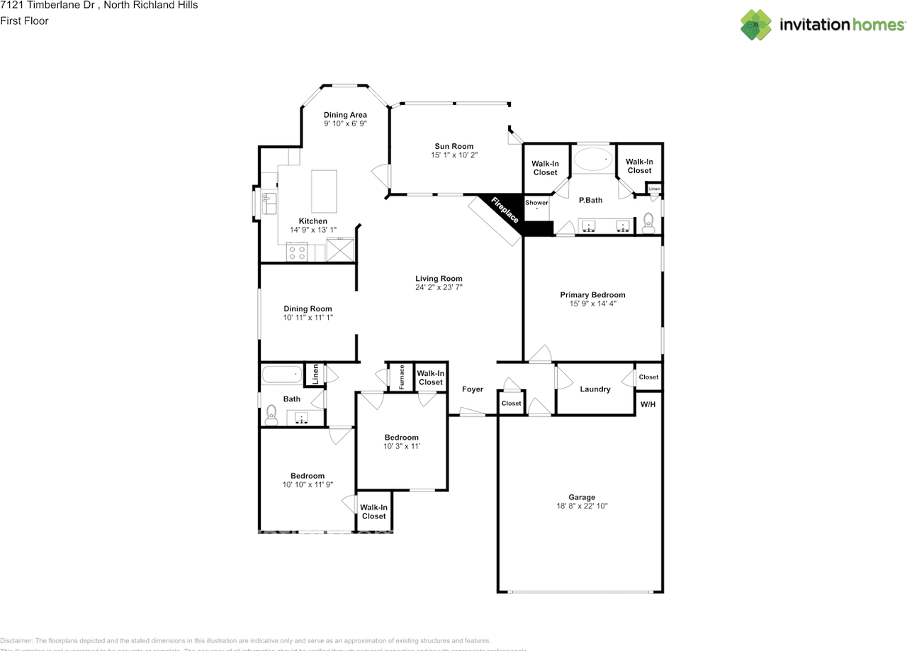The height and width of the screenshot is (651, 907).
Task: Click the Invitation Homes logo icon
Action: point(756,25)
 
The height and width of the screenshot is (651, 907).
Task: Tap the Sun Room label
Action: point(453,147)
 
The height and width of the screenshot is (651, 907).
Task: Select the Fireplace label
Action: point(505,210)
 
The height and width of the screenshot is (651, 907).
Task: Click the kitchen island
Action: point(324,191)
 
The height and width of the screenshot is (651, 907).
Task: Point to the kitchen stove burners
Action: point(297,252)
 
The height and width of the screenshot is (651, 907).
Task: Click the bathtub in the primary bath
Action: point(594,160)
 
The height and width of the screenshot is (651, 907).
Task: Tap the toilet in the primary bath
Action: point(648,223)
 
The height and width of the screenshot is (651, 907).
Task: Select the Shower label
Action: point(536,203)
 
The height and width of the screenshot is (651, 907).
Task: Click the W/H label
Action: point(648,404)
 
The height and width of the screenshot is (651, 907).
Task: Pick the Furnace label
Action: point(401,377)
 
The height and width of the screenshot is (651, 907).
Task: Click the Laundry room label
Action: point(595,389)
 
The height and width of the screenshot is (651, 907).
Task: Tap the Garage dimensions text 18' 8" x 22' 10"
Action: point(581,506)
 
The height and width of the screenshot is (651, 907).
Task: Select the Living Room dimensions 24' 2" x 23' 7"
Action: point(439,288)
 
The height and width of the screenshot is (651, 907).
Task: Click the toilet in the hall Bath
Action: point(271,415)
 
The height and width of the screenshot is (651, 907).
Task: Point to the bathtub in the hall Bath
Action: point(281,374)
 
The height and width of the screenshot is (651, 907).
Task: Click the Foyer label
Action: point(473,389)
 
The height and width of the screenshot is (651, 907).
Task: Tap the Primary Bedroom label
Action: point(592,295)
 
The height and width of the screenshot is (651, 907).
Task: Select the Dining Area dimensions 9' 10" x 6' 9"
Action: point(345,123)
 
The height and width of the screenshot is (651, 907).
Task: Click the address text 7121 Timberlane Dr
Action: point(50,6)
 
